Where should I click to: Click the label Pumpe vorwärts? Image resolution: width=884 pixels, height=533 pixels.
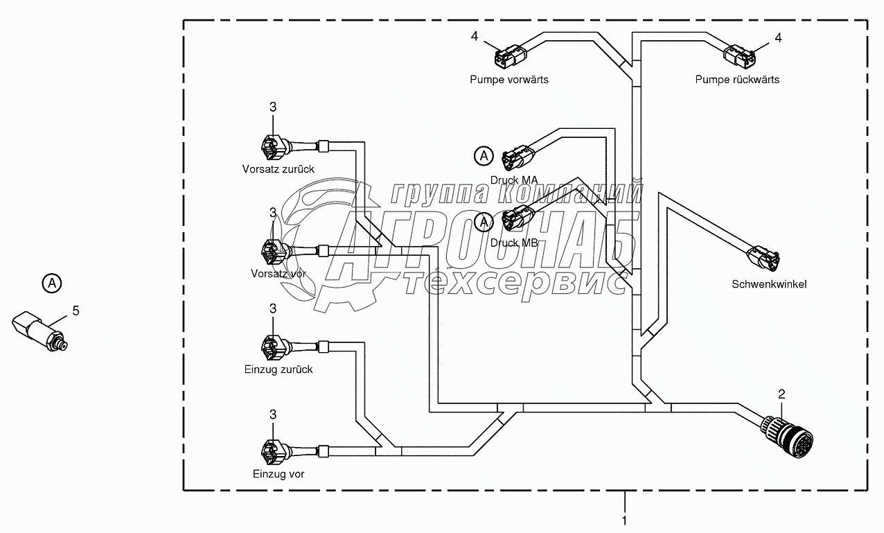[509, 79]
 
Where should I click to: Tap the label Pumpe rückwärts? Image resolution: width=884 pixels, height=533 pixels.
[737, 79]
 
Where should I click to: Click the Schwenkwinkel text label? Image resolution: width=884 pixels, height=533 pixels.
[769, 284]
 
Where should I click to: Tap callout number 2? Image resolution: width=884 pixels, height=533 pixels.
[781, 394]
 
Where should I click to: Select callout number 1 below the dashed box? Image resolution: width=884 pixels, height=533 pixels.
[624, 520]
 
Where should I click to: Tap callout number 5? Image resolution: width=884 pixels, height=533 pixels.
[76, 311]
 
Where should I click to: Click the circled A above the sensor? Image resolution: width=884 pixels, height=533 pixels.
[51, 283]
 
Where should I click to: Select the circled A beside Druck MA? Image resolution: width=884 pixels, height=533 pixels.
[484, 157]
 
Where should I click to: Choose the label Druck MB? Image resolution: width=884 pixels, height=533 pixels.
[514, 243]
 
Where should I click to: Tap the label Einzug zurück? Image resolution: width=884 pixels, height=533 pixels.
[279, 369]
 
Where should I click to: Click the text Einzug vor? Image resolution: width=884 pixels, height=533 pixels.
[279, 474]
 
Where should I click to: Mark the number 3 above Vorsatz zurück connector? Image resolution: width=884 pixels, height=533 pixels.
[272, 107]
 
